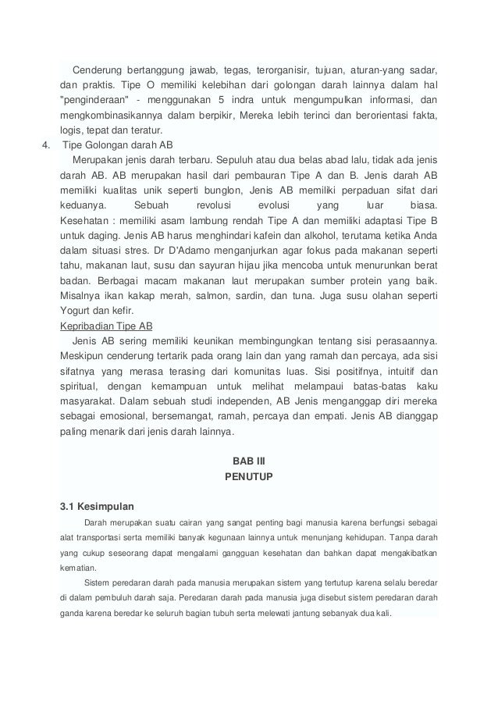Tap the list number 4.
[46, 145]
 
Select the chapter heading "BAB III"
[248, 459]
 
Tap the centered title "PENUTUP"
[248, 475]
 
